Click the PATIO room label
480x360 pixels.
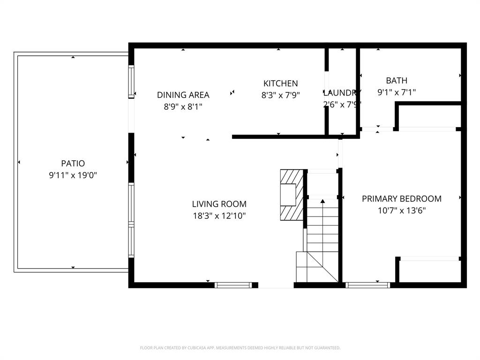click(73, 164)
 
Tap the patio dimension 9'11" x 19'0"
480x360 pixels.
click(73, 175)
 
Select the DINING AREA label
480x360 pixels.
click(183, 95)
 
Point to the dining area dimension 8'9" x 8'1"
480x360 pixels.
click(183, 106)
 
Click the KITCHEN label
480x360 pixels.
click(280, 83)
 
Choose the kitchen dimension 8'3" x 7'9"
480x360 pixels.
click(280, 95)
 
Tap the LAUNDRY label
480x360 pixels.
click(342, 92)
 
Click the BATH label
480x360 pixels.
click(397, 81)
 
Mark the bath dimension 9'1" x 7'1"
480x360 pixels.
click(397, 92)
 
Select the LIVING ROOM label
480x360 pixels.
click(219, 204)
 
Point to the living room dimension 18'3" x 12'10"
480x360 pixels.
click(219, 216)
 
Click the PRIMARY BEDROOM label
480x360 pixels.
click(401, 199)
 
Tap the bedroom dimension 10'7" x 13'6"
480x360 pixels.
click(401, 210)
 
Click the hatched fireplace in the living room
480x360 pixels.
click(291, 195)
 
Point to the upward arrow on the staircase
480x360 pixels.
click(322, 202)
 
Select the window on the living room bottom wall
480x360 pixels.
click(233, 285)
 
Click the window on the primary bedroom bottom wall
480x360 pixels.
click(367, 285)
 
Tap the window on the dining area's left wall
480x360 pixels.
click(131, 82)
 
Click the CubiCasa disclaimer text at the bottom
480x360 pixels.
click(240, 348)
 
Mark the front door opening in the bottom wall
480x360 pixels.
click(276, 285)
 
